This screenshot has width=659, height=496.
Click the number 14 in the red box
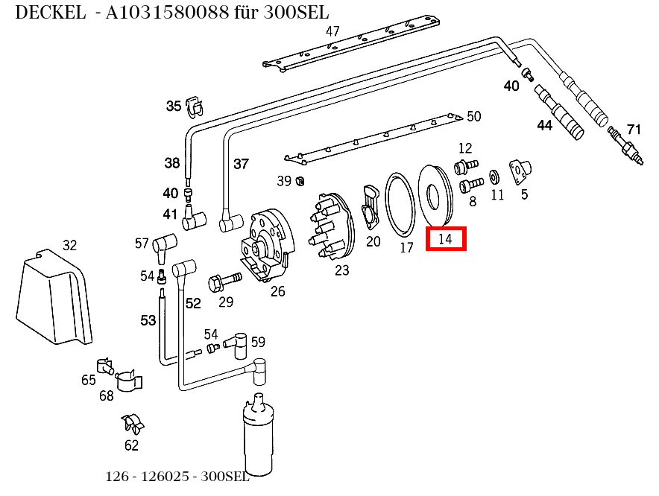(446, 239)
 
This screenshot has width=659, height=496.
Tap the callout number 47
(332, 31)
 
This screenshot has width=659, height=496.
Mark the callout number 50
(473, 116)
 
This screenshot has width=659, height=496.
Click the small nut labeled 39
(300, 180)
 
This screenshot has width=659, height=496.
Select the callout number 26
(277, 291)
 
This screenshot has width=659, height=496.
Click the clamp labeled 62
(132, 424)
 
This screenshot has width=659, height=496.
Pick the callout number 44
(545, 126)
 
